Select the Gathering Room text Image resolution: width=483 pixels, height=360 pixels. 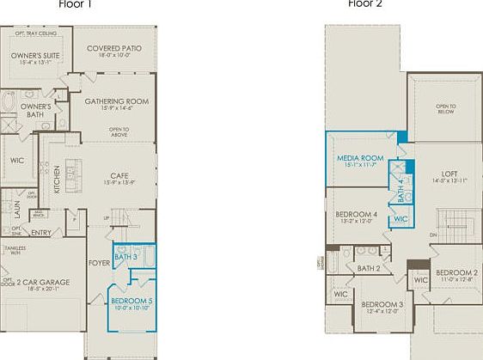[117, 101]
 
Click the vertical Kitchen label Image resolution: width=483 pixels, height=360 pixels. [57, 179]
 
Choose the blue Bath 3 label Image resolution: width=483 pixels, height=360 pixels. [125, 257]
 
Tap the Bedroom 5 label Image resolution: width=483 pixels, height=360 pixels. [131, 301]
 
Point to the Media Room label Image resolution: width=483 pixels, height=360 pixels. [359, 158]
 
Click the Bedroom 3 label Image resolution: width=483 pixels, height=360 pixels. [382, 305]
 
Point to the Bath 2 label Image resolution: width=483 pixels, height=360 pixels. [369, 269]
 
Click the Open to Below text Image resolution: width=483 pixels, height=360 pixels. [446, 108]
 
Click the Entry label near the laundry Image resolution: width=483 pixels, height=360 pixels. [40, 232]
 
